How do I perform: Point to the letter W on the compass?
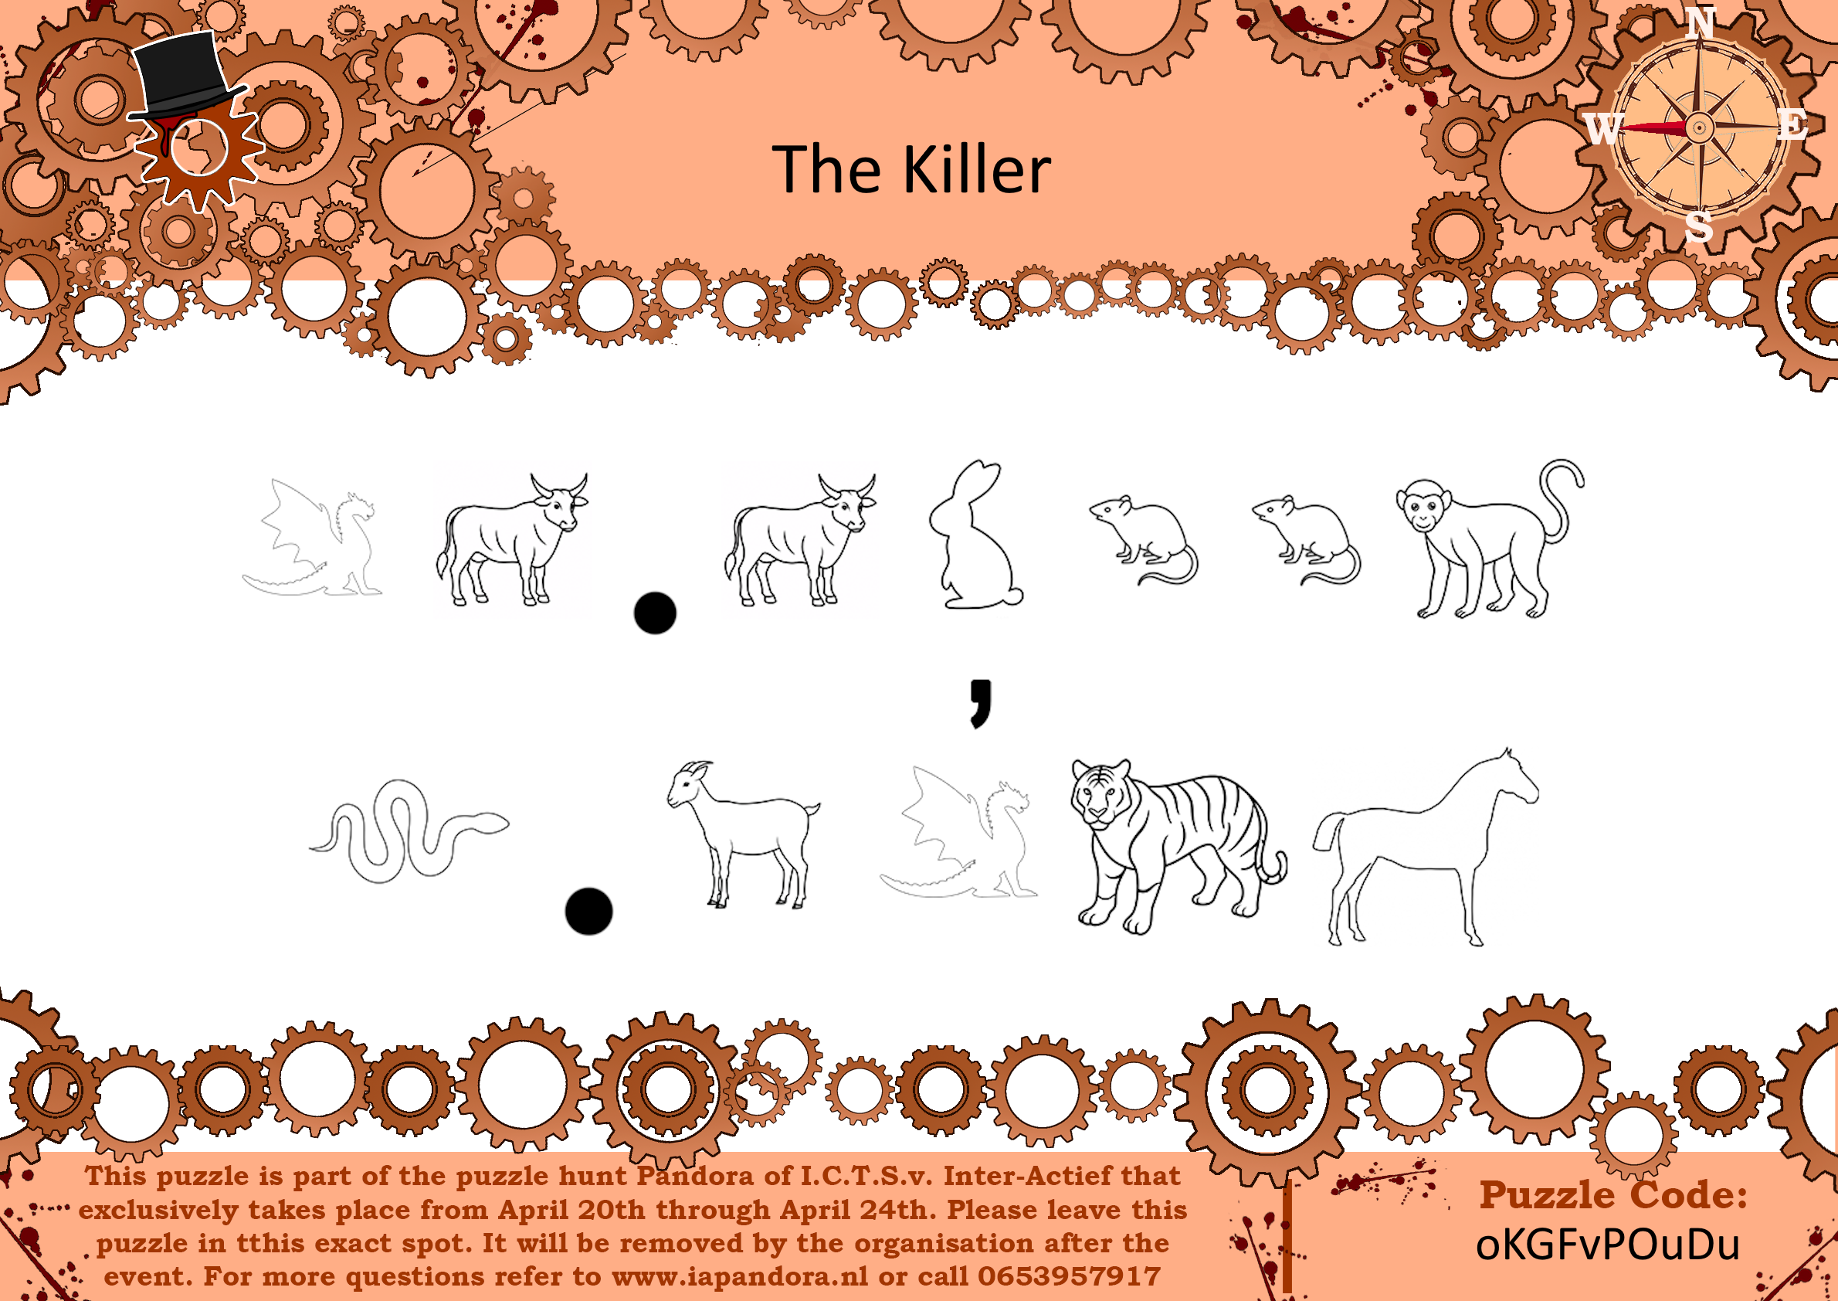(x=1602, y=128)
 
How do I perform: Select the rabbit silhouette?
(x=975, y=535)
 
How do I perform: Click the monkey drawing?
(x=1488, y=538)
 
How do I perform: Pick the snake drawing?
(x=409, y=831)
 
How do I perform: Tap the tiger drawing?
(x=1177, y=845)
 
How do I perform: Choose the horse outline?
(x=1426, y=848)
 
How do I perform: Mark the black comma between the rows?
(x=981, y=703)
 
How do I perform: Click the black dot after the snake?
(x=588, y=912)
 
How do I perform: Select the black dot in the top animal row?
(x=655, y=613)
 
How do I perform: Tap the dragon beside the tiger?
(x=958, y=832)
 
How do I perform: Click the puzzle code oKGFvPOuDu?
(x=1607, y=1245)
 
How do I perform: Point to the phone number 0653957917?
(x=1069, y=1276)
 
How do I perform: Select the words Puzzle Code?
(x=1613, y=1194)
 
